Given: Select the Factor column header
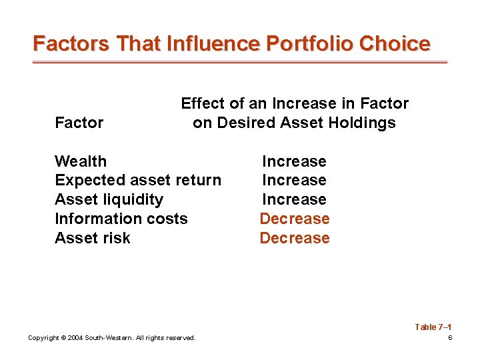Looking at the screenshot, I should pyautogui.click(x=79, y=123).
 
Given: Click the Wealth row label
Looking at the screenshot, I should pyautogui.click(x=81, y=161).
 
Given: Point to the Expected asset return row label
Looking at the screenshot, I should pyautogui.click(x=138, y=180).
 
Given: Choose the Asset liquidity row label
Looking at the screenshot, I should pyautogui.click(x=109, y=199).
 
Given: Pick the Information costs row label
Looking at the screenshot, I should pyautogui.click(x=121, y=219).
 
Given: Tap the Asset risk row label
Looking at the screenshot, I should pyautogui.click(x=93, y=238).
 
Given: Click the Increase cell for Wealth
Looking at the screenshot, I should pyautogui.click(x=294, y=161).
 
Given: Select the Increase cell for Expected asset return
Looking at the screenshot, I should pyautogui.click(x=294, y=180).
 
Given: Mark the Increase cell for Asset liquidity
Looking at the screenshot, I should pyautogui.click(x=294, y=199).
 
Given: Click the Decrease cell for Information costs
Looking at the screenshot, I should pyautogui.click(x=294, y=219).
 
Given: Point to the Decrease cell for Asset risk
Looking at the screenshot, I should pyautogui.click(x=294, y=238).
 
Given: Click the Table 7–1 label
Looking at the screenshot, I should pyautogui.click(x=433, y=327).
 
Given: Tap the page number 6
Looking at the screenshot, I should pyautogui.click(x=450, y=338).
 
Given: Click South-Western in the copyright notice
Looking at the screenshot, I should pyautogui.click(x=109, y=338).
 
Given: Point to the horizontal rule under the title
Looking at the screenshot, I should pyautogui.click(x=240, y=62).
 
